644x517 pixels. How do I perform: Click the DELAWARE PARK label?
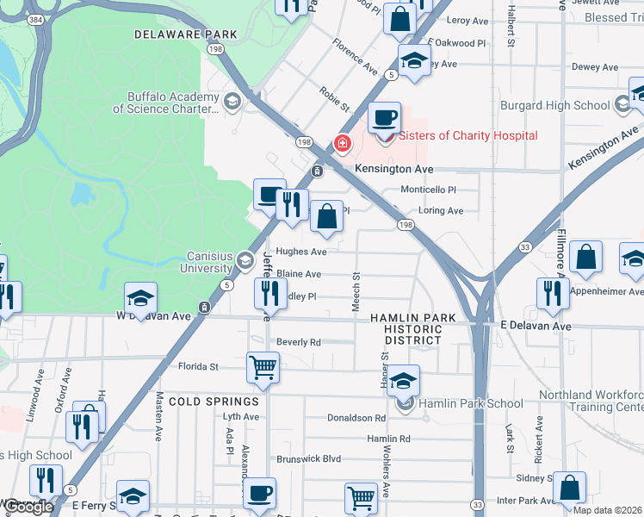click(x=185, y=34)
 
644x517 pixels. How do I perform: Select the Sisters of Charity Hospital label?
click(x=468, y=135)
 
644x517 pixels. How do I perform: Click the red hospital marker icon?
click(x=343, y=143)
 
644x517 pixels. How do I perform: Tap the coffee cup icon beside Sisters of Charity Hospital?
click(x=384, y=117)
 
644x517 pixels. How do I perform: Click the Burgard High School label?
click(x=555, y=105)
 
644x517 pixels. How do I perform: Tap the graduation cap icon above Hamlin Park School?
click(x=403, y=380)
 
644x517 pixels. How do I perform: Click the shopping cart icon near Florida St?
click(x=263, y=367)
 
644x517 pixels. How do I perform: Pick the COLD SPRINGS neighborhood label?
click(x=214, y=402)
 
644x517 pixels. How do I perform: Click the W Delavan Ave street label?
click(x=153, y=316)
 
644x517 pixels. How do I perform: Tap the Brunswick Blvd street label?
click(x=308, y=459)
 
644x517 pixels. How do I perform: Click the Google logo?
click(x=28, y=507)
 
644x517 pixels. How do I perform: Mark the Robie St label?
click(x=334, y=99)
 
